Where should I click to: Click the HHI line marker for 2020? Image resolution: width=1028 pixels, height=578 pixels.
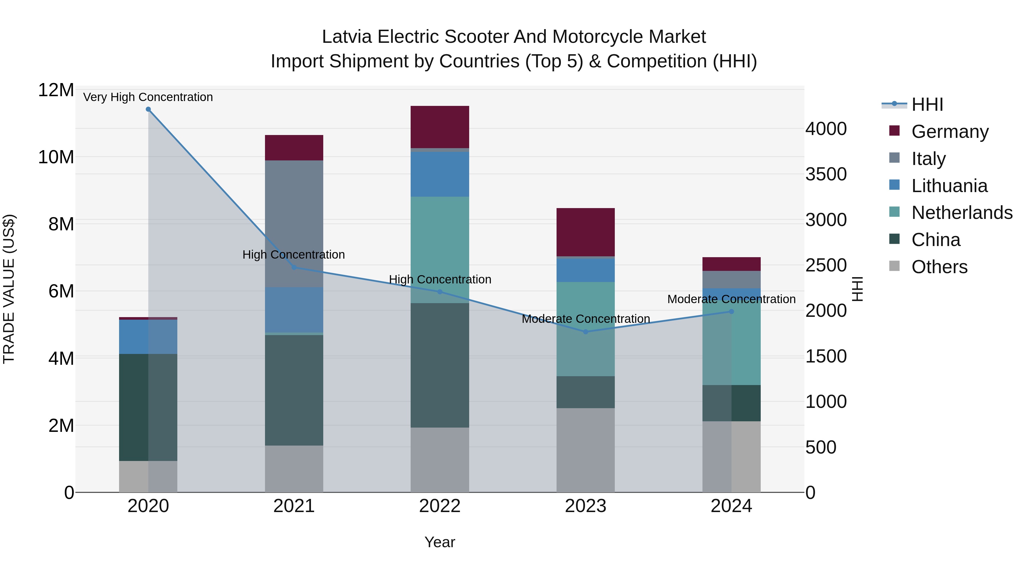click(148, 109)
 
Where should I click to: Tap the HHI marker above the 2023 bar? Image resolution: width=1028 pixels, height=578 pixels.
click(585, 331)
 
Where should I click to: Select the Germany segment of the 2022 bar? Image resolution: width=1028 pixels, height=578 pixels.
click(440, 127)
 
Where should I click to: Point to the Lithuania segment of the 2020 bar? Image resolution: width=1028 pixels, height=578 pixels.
click(148, 337)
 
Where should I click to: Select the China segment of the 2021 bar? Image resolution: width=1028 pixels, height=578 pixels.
click(294, 390)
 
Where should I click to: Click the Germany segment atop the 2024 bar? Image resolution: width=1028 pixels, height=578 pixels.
click(731, 264)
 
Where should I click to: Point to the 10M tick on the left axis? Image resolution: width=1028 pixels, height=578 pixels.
click(56, 157)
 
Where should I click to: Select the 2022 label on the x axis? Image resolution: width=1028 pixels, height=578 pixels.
click(440, 506)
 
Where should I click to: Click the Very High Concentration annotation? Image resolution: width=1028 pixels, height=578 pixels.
click(148, 97)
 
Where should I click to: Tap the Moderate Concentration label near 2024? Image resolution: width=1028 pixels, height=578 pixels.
click(731, 299)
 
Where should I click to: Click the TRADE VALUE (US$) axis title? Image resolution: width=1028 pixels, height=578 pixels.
click(9, 289)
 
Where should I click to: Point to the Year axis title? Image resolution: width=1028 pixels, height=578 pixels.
click(440, 542)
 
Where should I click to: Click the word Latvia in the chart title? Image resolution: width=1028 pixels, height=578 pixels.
click(347, 37)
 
